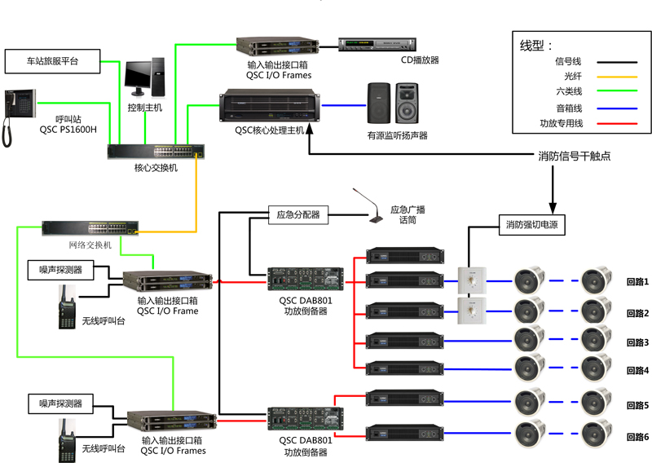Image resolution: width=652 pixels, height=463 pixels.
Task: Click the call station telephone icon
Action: (x=20, y=117)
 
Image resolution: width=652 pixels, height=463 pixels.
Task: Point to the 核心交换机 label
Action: (x=156, y=168)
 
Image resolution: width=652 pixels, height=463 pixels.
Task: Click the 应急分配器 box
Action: (x=297, y=215)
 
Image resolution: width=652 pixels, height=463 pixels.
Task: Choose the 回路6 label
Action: (x=637, y=437)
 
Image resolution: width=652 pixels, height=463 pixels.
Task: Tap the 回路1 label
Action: (x=637, y=282)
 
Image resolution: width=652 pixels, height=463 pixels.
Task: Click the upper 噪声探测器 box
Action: (x=60, y=269)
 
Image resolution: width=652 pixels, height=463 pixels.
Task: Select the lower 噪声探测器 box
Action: (x=60, y=403)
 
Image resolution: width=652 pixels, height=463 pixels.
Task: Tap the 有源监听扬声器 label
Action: (x=398, y=135)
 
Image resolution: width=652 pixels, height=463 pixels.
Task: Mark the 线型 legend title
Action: (x=536, y=45)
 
